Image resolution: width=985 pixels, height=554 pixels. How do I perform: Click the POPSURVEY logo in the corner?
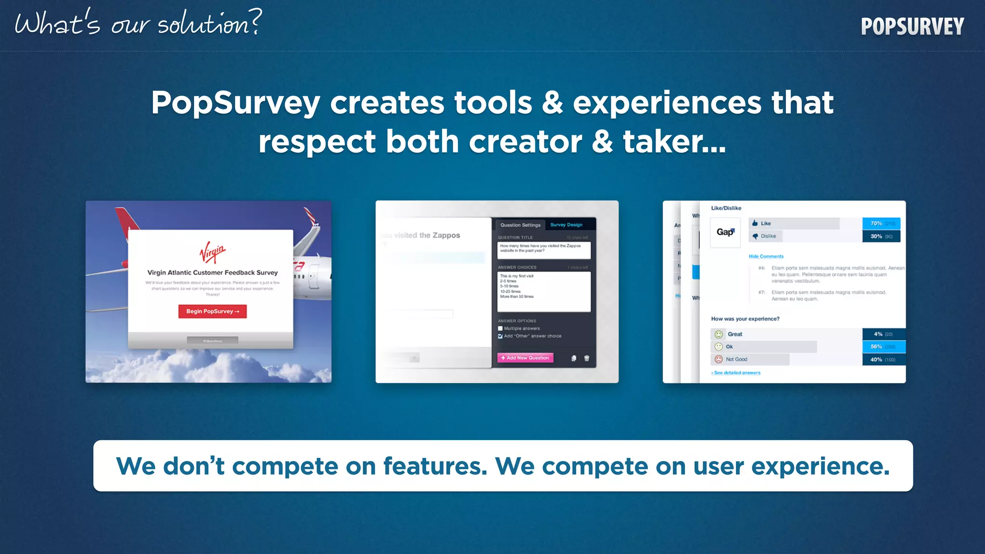pyautogui.click(x=912, y=27)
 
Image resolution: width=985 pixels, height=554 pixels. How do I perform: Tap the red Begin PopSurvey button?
pyautogui.click(x=213, y=311)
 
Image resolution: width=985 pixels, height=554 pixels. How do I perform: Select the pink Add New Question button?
pyautogui.click(x=525, y=358)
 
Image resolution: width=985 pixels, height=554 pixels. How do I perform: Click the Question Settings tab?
pyautogui.click(x=520, y=225)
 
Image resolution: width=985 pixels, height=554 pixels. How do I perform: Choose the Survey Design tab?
pyautogui.click(x=566, y=225)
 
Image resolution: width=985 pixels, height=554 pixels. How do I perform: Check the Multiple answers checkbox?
pyautogui.click(x=500, y=328)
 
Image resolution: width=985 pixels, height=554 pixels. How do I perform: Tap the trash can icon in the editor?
pyautogui.click(x=586, y=358)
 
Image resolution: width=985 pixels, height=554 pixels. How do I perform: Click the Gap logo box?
pyautogui.click(x=725, y=232)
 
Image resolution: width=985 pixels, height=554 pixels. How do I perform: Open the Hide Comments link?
pyautogui.click(x=766, y=256)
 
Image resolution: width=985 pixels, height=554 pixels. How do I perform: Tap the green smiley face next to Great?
pyautogui.click(x=719, y=334)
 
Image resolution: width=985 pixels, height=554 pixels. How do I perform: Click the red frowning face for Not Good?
pyautogui.click(x=719, y=359)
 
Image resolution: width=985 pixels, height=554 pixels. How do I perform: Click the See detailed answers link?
pyautogui.click(x=736, y=373)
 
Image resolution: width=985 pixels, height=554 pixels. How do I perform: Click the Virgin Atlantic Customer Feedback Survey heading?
pyautogui.click(x=213, y=272)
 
